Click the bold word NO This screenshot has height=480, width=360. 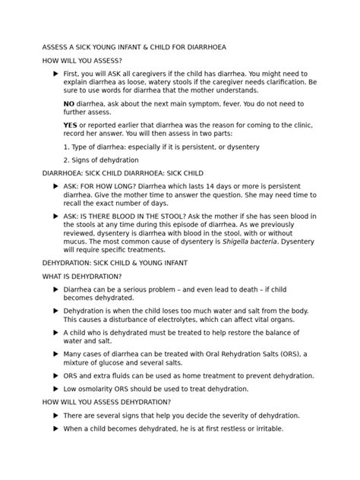[70, 103]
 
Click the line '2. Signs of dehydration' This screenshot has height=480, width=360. [101, 160]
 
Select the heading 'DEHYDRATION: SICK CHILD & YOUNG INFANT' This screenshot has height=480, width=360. [114, 262]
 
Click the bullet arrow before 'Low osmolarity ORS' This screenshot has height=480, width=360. [55, 388]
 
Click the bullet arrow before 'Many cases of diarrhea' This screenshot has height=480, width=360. [55, 353]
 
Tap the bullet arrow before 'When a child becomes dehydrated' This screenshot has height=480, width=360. [55, 429]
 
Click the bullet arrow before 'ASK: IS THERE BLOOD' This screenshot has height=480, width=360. [55, 215]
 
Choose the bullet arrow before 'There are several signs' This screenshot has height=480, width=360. [55, 415]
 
